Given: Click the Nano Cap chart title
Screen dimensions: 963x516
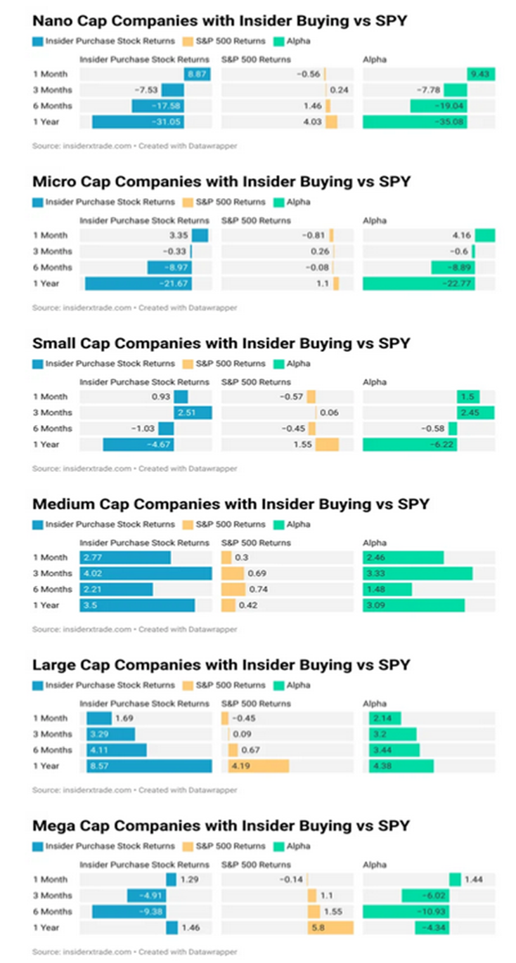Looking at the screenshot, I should click(x=219, y=22).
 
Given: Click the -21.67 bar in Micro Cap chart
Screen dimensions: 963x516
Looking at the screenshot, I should click(x=138, y=283).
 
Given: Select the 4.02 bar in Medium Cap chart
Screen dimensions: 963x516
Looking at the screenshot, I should click(x=146, y=573).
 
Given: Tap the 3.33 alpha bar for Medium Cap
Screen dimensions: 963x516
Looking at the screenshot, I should click(x=418, y=573).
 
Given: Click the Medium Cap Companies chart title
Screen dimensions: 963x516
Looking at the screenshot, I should click(x=231, y=504).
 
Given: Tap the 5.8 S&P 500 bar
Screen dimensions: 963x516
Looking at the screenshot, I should click(x=330, y=927).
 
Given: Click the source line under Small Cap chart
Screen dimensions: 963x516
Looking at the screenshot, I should click(x=134, y=469).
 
